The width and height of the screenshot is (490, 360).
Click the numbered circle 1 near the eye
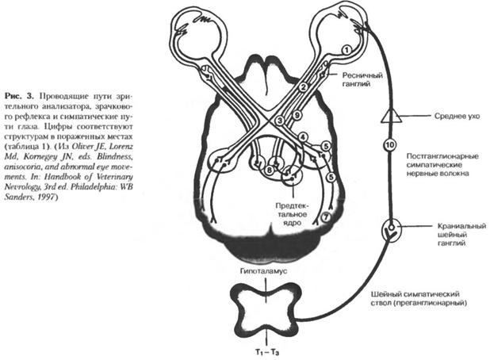[346, 49]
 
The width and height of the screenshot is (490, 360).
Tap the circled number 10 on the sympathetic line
[389, 145]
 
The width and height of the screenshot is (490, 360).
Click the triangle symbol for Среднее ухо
[389, 116]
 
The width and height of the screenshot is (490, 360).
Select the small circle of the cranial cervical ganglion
[388, 232]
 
